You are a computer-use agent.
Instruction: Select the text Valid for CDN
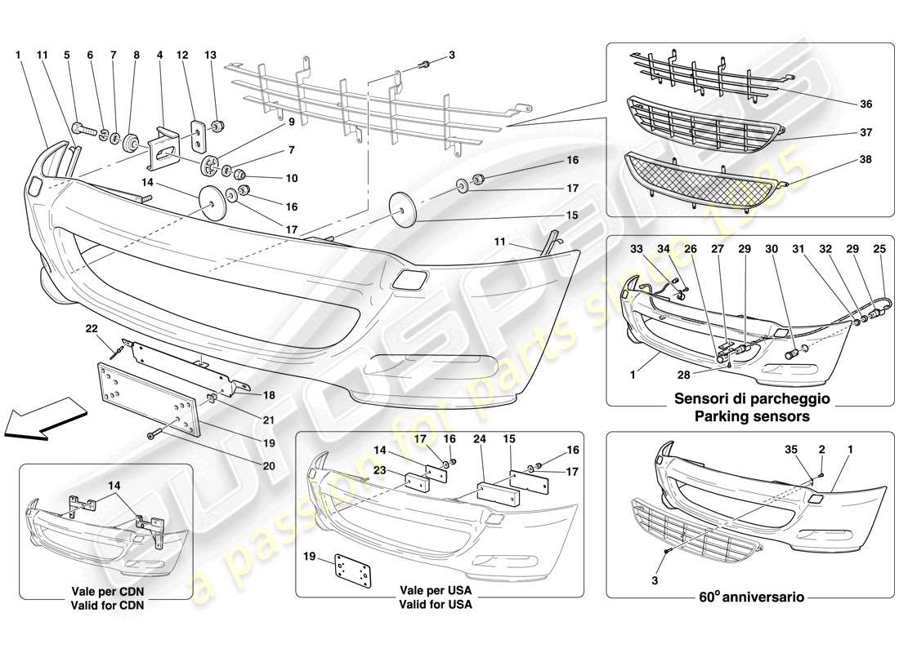[105, 604]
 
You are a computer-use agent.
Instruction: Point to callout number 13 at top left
[211, 55]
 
